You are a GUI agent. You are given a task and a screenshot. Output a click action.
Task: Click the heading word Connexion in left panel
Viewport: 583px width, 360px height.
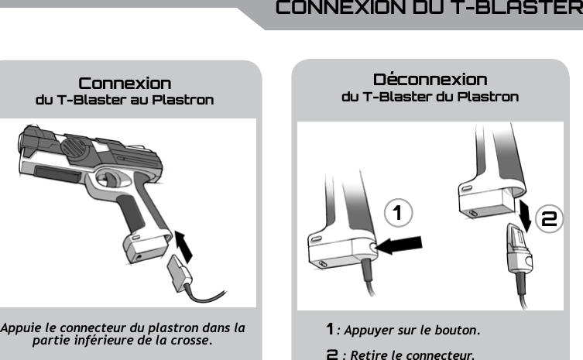tap(125, 83)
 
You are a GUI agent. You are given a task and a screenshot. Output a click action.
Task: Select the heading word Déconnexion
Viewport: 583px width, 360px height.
tap(430, 80)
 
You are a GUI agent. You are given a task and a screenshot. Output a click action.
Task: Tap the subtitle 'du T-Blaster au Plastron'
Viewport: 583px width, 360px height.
tap(125, 101)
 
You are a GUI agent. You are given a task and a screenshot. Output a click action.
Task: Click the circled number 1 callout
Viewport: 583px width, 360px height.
tap(397, 214)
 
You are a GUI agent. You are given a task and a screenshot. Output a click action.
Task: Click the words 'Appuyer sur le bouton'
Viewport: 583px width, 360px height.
tap(412, 331)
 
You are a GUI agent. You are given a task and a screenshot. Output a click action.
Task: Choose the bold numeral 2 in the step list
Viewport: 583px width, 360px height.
tap(331, 355)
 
